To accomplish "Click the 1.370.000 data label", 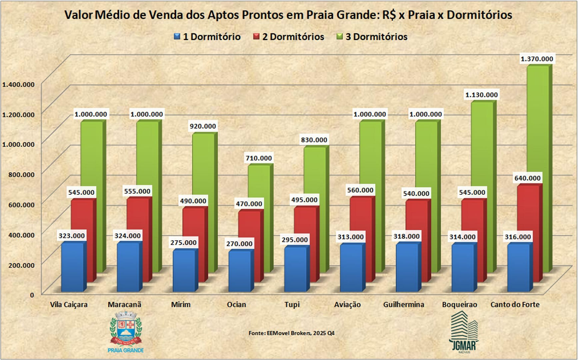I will pos(537,59).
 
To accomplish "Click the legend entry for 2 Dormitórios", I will pos(289,37).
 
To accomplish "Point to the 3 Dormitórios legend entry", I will pos(372,37).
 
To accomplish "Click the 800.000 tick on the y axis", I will pos(18,174).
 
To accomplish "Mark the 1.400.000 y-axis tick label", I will pos(18,84).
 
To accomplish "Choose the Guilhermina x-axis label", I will pos(404,305).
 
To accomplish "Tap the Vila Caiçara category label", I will pos(69,305).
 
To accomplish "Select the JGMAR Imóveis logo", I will pos(464,332).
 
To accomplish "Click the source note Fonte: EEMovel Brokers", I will pos(291,333).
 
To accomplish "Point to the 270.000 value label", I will pos(239,244).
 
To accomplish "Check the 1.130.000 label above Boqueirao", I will pos(481,95).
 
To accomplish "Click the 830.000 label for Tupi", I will pos(314,140).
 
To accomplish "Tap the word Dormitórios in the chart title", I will pos(479,15).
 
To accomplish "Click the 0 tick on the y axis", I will pos(32,295).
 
